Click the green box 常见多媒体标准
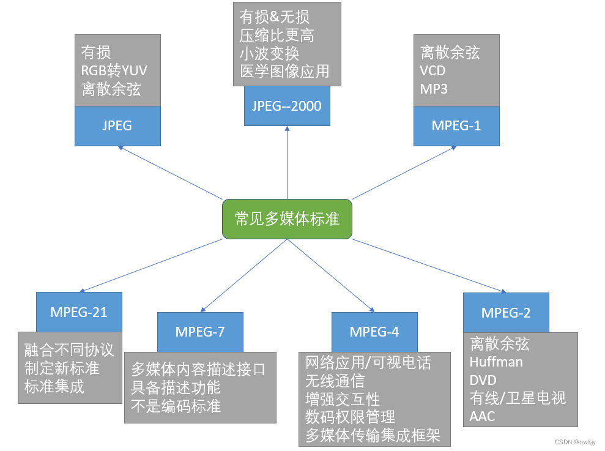pyautogui.click(x=286, y=218)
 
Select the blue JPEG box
pyautogui.click(x=117, y=125)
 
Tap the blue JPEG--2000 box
pyautogui.click(x=286, y=106)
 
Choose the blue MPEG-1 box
pyautogui.click(x=456, y=125)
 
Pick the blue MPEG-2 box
pyautogui.click(x=506, y=313)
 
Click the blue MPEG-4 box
pyautogui.click(x=374, y=332)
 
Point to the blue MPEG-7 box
pyautogui.click(x=200, y=332)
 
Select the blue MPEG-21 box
pyautogui.click(x=79, y=312)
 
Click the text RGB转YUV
pyautogui.click(x=114, y=70)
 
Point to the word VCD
pyautogui.click(x=432, y=70)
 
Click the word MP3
pyautogui.click(x=434, y=89)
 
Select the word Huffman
pyautogui.click(x=496, y=362)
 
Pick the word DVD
pyautogui.click(x=483, y=380)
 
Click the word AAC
pyautogui.click(x=482, y=417)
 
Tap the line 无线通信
pyautogui.click(x=335, y=381)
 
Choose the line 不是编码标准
pyautogui.click(x=176, y=406)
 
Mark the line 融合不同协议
pyautogui.click(x=69, y=350)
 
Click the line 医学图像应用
pyautogui.click(x=284, y=71)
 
